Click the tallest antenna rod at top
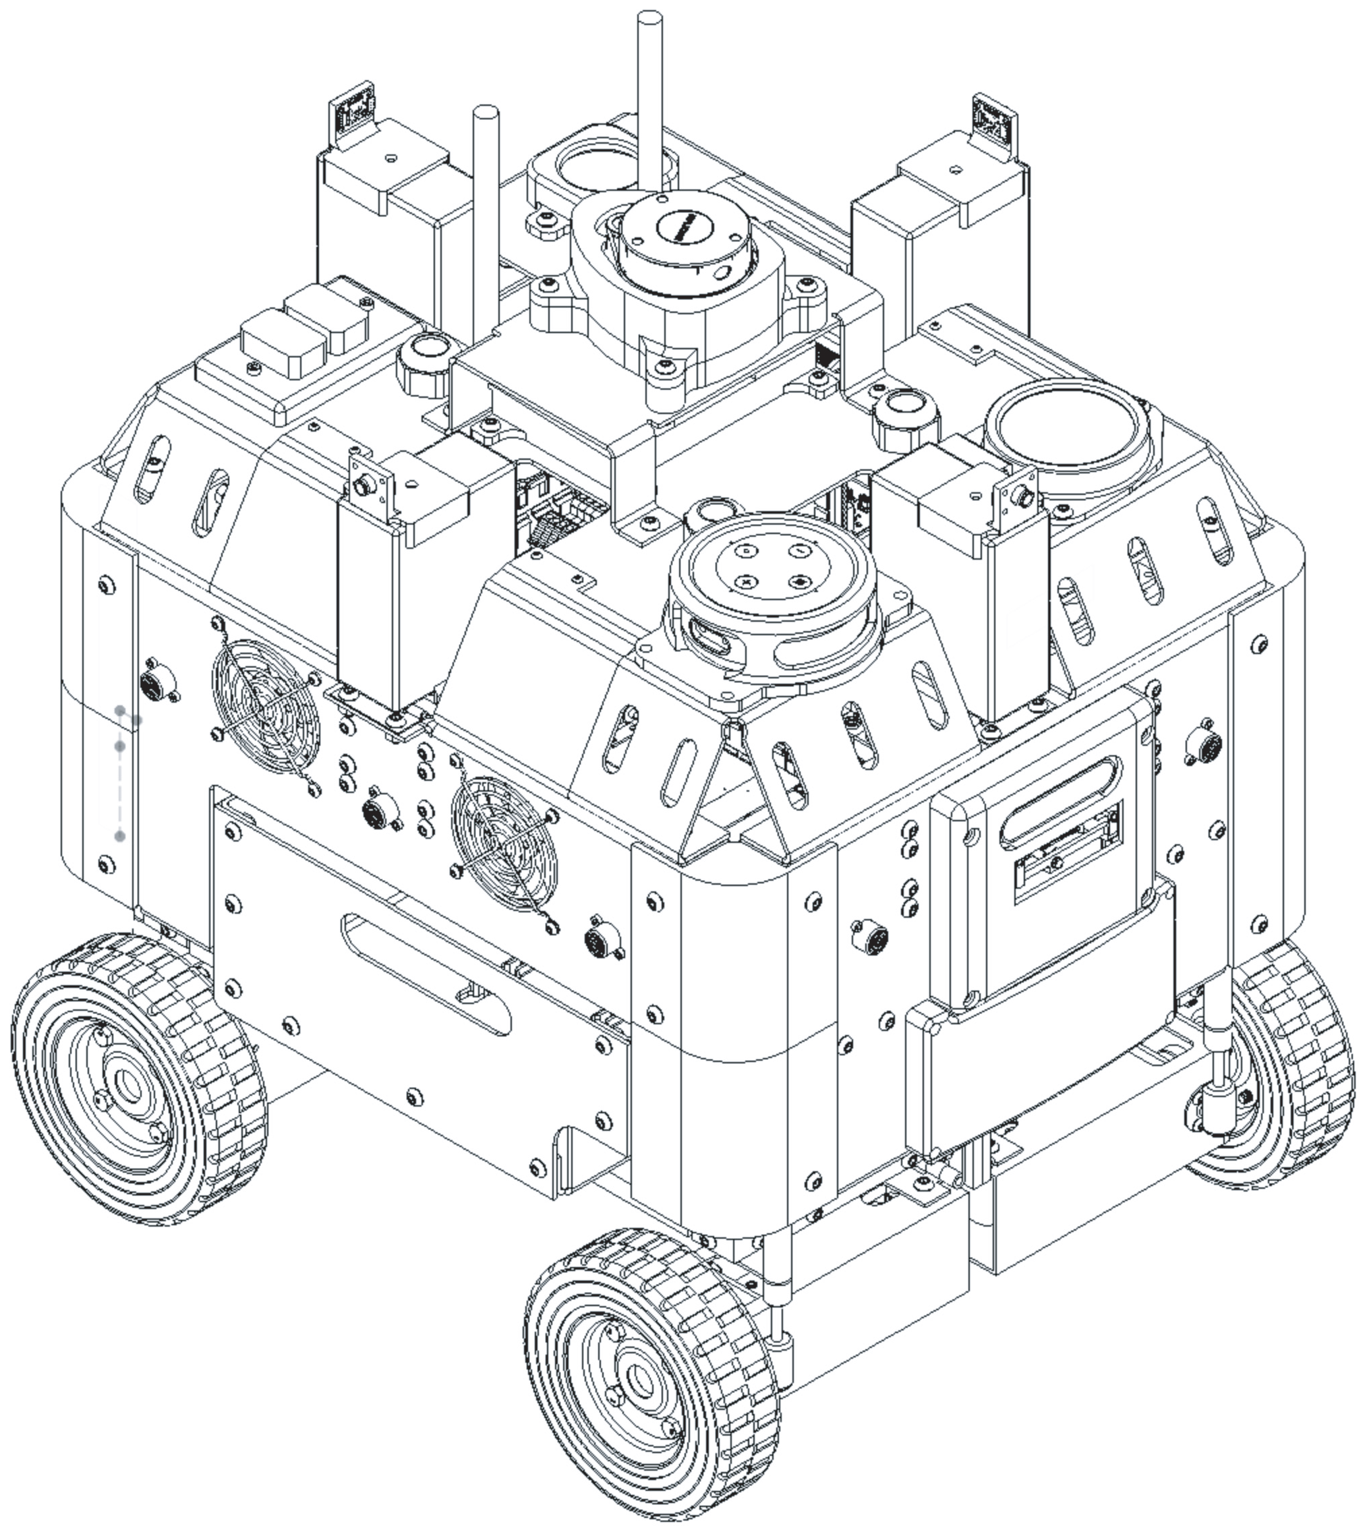(649, 98)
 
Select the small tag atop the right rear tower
(995, 118)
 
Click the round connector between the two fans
(376, 812)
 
